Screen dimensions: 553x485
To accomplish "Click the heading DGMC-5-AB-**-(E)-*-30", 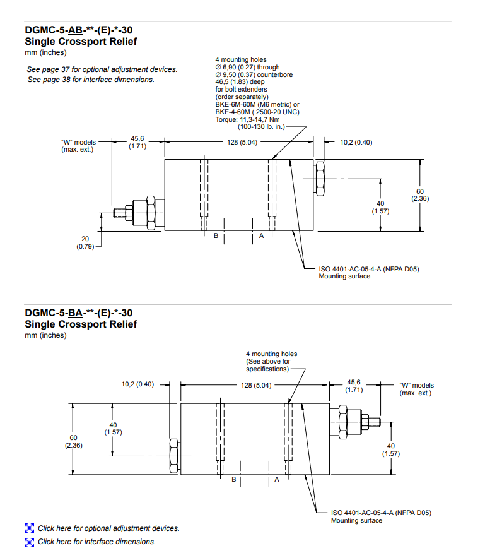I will [78, 30].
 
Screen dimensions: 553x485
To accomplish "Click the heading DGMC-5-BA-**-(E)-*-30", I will [78, 312].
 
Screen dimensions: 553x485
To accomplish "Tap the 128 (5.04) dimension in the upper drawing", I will [242, 142].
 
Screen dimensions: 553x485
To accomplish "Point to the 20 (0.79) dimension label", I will [85, 242].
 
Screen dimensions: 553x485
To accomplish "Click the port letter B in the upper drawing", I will [216, 236].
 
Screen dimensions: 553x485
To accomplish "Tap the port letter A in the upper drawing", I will [261, 236].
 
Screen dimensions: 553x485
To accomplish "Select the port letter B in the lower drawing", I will [233, 480].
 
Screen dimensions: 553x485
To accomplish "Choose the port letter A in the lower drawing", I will [276, 480].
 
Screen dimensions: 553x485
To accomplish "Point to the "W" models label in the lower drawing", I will [416, 389].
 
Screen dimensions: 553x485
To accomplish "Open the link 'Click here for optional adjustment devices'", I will [108, 528].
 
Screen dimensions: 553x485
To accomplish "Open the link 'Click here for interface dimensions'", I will [96, 542].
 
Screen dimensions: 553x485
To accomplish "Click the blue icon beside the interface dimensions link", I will [29, 542].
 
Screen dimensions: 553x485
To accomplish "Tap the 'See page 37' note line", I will [102, 69].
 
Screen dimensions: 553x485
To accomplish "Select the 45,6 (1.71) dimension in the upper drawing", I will [137, 142].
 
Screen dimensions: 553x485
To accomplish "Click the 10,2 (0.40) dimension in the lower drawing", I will [137, 383].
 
